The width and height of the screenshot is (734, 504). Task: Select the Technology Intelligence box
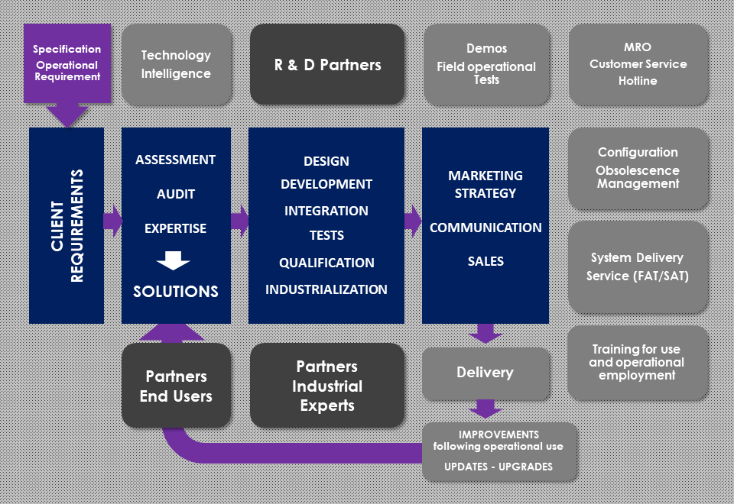pos(176,64)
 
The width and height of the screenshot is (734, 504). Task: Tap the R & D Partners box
pos(327,64)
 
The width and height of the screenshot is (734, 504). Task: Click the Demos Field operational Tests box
pos(486,64)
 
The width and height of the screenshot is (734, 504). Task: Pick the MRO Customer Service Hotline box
pos(638,64)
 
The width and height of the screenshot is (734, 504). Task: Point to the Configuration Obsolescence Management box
pos(638,168)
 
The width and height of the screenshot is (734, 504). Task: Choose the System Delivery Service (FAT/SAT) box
pos(638,267)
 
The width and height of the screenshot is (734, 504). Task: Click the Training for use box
pos(638,363)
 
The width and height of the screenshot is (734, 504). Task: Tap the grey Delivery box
pos(485,373)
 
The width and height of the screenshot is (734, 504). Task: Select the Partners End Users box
pos(176,386)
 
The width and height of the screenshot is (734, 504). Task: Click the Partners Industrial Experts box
pos(327,386)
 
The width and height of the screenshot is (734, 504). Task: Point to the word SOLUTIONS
pos(176,292)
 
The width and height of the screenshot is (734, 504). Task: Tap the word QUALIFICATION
pos(326,263)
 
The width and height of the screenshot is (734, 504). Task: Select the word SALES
pos(486,261)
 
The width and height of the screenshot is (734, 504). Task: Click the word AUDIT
pos(176,194)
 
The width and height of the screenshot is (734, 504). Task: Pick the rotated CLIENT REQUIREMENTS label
pos(67,226)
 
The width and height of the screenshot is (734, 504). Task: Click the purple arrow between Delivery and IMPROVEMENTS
pos(485,409)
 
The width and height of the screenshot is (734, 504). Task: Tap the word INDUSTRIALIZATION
pos(326,289)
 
